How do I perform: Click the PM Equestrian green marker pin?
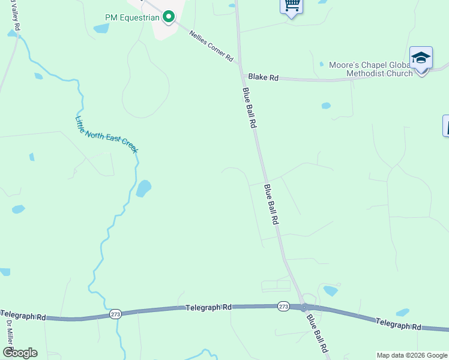(169, 17)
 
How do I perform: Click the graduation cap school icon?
(421, 59)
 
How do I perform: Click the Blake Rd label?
(264, 77)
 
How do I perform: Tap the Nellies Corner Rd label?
(211, 46)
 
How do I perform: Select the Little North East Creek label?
(106, 134)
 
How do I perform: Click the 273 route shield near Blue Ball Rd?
(284, 307)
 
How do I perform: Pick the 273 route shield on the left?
(116, 314)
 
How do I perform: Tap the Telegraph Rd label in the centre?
(208, 307)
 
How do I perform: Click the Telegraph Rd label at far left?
(23, 315)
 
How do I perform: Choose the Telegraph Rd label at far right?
(399, 325)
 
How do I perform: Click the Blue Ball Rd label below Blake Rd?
(250, 108)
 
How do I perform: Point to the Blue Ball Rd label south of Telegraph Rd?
(317, 334)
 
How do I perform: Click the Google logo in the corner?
(20, 353)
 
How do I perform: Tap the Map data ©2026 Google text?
(412, 355)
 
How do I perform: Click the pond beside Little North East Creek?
(143, 189)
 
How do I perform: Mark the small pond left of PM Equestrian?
(101, 28)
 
